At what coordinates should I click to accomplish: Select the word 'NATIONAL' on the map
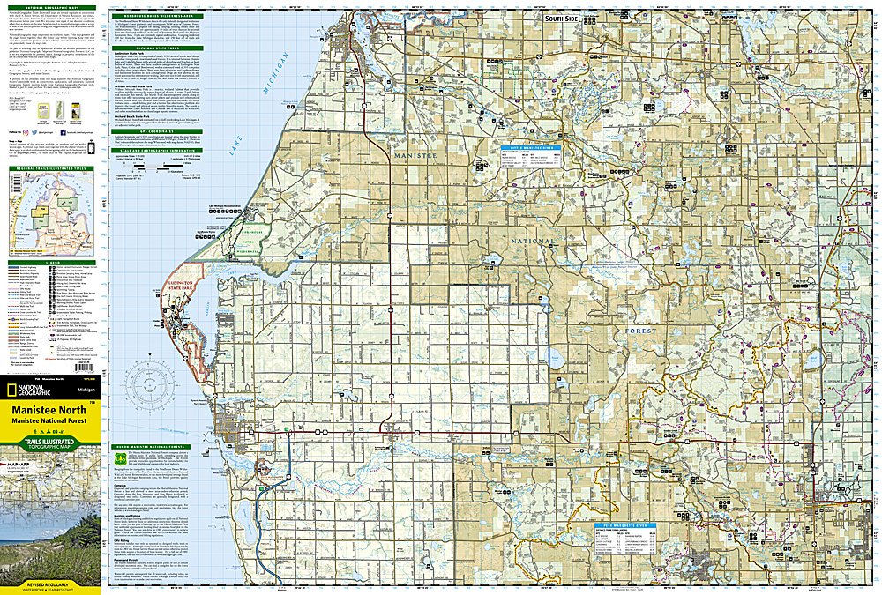[x=532, y=241]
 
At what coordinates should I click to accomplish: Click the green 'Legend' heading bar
[x=50, y=262]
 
